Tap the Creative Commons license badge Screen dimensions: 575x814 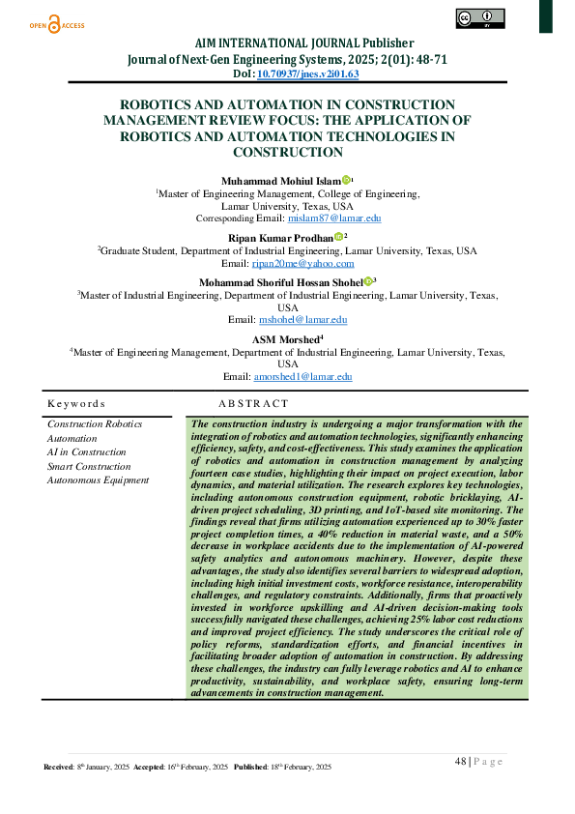click(480, 18)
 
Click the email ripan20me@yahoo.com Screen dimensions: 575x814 click(303, 263)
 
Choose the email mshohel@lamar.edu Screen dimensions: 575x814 click(302, 319)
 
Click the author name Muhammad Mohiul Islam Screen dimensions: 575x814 click(279, 180)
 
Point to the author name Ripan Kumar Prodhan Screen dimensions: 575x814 click(281, 236)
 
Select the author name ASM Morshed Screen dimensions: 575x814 click(285, 338)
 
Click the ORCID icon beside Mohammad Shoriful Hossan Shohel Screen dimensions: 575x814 click(368, 281)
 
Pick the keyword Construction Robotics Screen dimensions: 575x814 click(95, 423)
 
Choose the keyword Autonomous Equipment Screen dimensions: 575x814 click(98, 480)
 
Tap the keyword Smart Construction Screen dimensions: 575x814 click(89, 466)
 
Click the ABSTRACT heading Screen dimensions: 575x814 click(253, 402)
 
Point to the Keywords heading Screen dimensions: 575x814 click(76, 402)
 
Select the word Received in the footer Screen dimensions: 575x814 click(59, 767)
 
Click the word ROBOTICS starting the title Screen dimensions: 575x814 click(159, 104)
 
